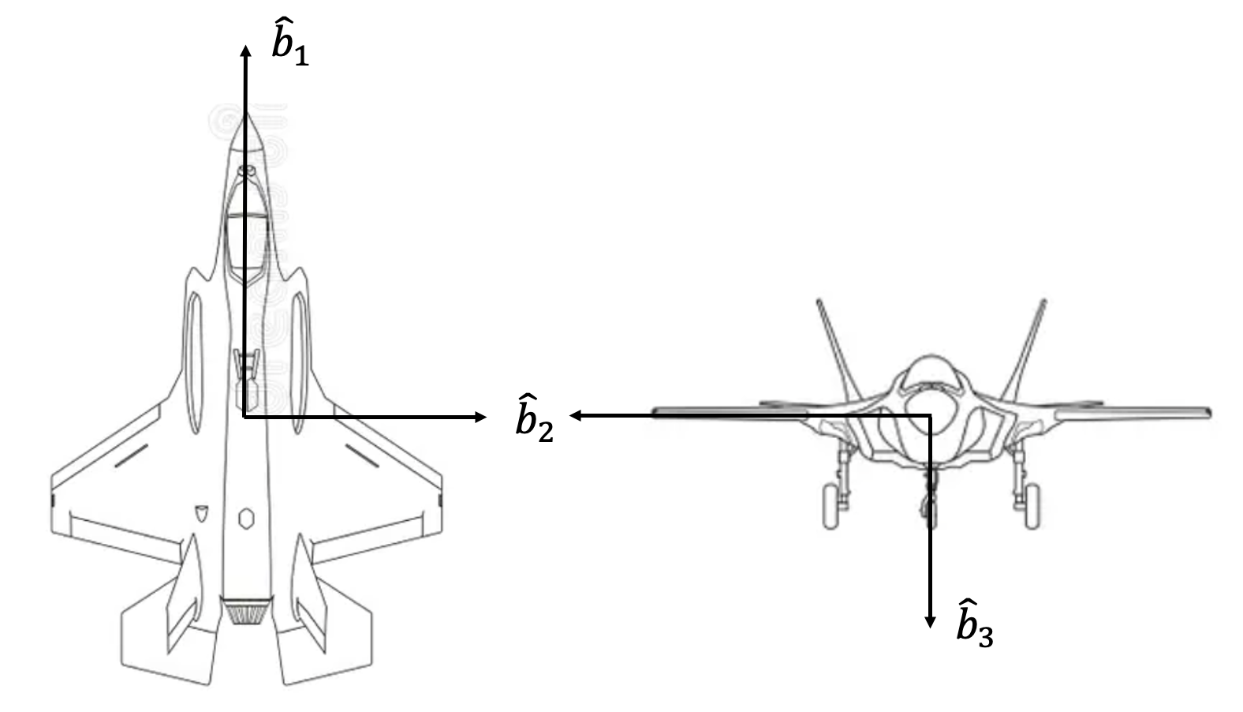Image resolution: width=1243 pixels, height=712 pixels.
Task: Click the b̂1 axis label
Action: tap(290, 42)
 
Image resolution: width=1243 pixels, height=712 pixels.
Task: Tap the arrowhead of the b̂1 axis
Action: tap(245, 51)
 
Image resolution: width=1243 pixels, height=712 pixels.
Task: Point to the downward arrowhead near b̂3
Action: tap(930, 622)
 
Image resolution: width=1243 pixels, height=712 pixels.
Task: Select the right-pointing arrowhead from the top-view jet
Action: tap(480, 417)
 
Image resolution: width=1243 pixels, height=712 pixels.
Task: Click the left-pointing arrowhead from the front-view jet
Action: tap(576, 415)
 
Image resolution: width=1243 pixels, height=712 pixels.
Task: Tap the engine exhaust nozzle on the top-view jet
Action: tap(246, 610)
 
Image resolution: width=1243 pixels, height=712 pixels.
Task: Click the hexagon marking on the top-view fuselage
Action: tap(246, 519)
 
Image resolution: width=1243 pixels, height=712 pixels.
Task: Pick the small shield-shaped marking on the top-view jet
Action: tap(201, 513)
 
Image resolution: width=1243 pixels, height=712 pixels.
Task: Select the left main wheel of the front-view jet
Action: tap(831, 506)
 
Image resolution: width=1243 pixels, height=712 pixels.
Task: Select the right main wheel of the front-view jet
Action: tap(1032, 506)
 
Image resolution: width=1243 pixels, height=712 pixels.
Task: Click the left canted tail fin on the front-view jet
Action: tap(838, 350)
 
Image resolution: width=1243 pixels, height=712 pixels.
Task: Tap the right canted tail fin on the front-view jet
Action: tap(1024, 350)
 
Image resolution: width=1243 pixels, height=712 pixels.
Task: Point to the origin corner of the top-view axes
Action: tap(244, 417)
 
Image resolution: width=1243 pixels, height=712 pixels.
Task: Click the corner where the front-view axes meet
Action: tap(930, 415)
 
